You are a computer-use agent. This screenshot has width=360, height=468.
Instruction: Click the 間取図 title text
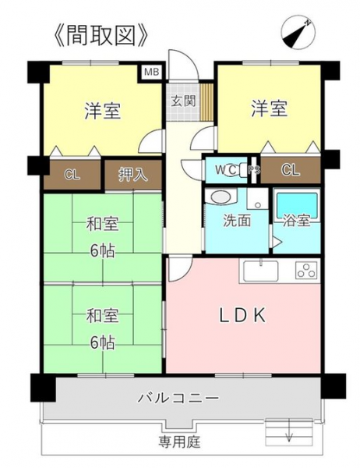pos(101,35)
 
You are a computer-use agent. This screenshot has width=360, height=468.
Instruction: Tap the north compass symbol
pos(298,32)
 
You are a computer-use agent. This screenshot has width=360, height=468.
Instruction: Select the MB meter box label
pos(152,73)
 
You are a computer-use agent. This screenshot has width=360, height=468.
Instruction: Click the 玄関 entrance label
pos(183,101)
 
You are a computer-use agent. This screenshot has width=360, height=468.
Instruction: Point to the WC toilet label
pos(227,170)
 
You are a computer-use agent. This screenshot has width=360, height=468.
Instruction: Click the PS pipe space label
pos(254,170)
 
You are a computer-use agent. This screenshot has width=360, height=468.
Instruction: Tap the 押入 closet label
pos(133,174)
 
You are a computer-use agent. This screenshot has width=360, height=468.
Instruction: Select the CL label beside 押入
pos(72,174)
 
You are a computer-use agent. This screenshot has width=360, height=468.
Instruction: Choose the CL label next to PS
pos(291,170)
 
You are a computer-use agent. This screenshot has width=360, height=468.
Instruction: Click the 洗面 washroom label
pos(237,221)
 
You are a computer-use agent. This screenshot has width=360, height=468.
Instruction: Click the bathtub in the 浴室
pos(297,204)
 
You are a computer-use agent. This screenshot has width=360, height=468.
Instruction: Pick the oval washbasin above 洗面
pos(221,197)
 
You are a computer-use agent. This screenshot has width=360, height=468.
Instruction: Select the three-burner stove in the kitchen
pos(306,271)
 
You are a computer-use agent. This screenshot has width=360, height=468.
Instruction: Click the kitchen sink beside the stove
pos(261,271)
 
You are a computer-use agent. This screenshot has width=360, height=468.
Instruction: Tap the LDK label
pos(242,315)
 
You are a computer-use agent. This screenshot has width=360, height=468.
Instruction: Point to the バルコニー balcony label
pos(178,398)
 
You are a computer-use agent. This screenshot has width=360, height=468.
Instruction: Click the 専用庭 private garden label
pos(179,441)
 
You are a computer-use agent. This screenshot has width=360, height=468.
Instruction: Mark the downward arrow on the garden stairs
pos(289,430)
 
